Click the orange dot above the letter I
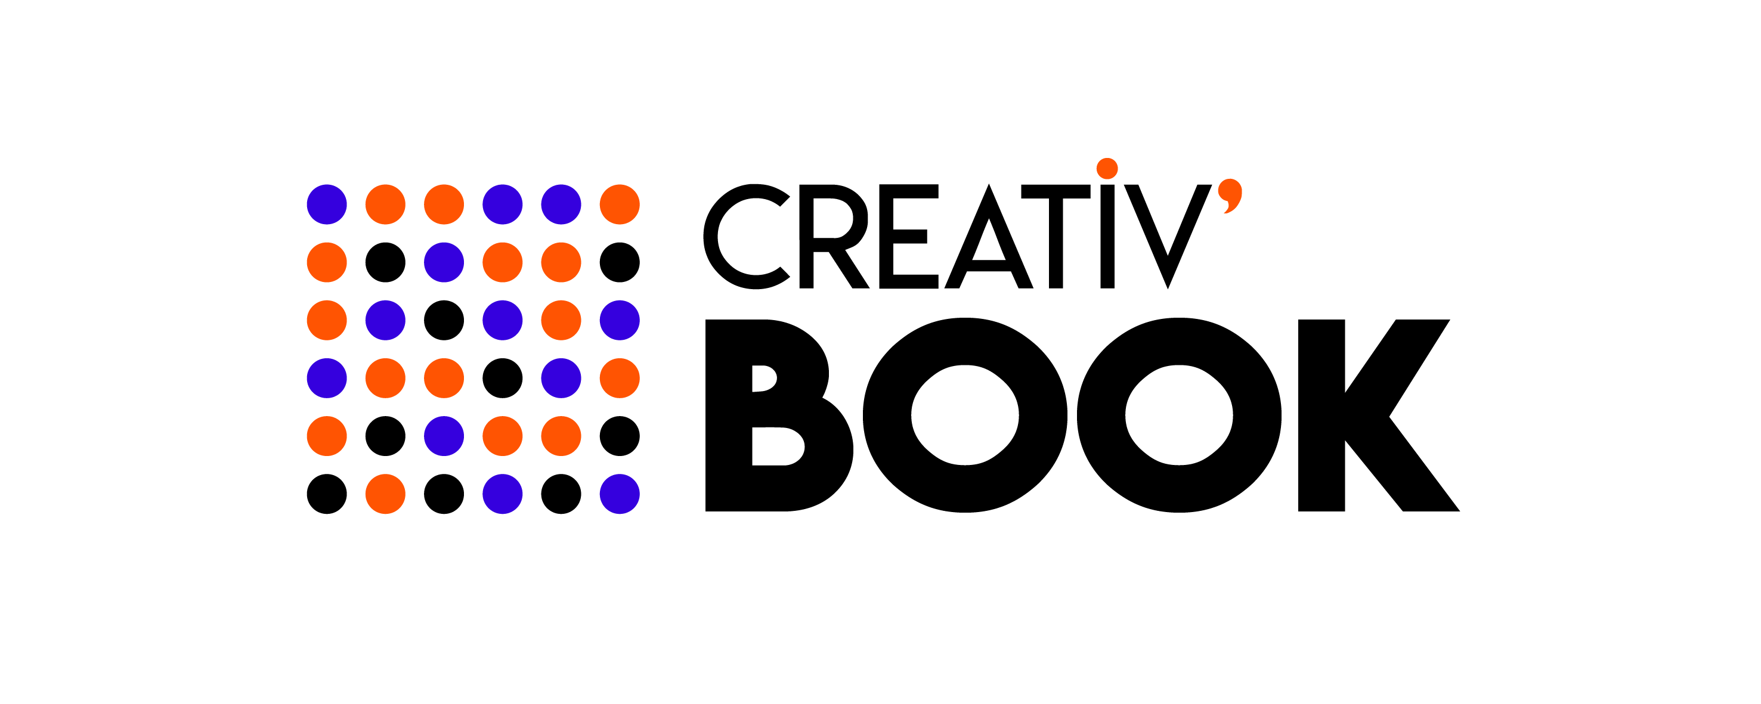(1107, 168)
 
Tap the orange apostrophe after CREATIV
(1232, 196)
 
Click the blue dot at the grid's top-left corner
(327, 204)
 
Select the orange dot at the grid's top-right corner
(620, 204)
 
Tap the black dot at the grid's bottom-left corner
(327, 494)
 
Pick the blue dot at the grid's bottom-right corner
(620, 494)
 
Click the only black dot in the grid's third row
(444, 320)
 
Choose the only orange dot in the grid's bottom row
(386, 494)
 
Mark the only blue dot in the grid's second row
(444, 262)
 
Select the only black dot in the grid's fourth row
(503, 378)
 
